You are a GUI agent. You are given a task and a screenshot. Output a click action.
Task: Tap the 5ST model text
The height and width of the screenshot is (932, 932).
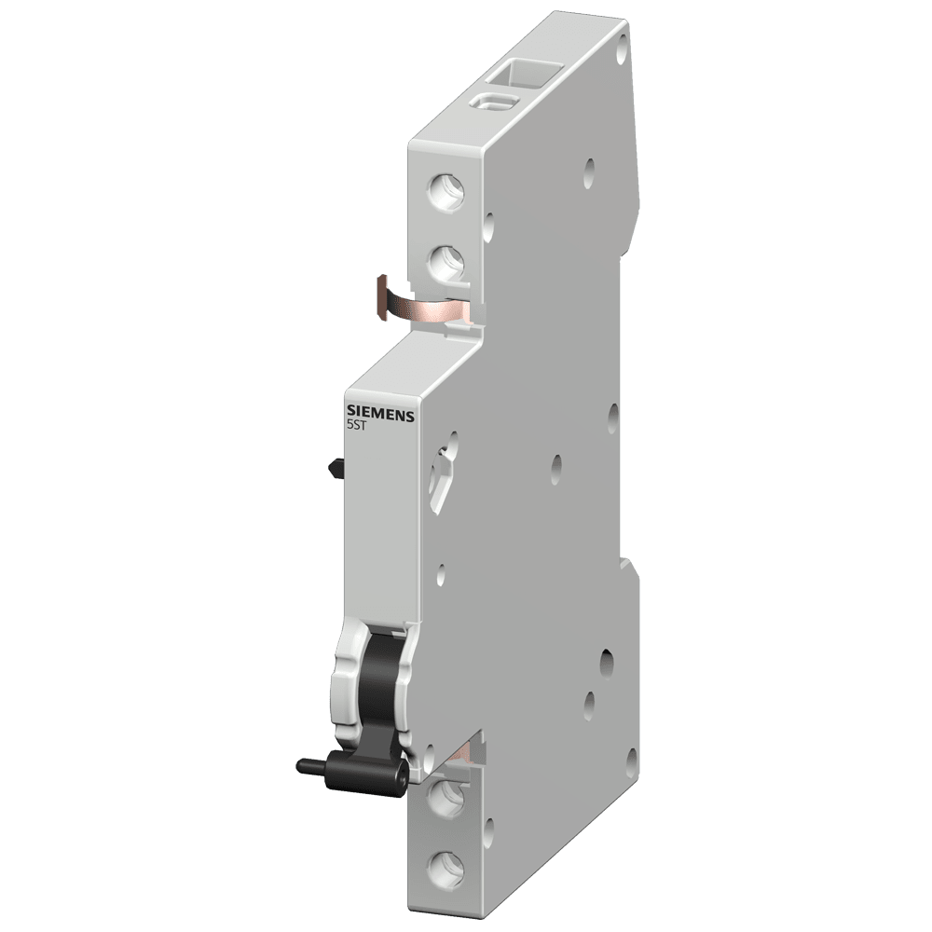point(356,425)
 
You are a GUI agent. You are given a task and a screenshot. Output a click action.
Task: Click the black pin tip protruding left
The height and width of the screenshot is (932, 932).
point(303,765)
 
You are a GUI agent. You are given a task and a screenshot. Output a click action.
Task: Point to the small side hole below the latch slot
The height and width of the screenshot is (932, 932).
point(441,566)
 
